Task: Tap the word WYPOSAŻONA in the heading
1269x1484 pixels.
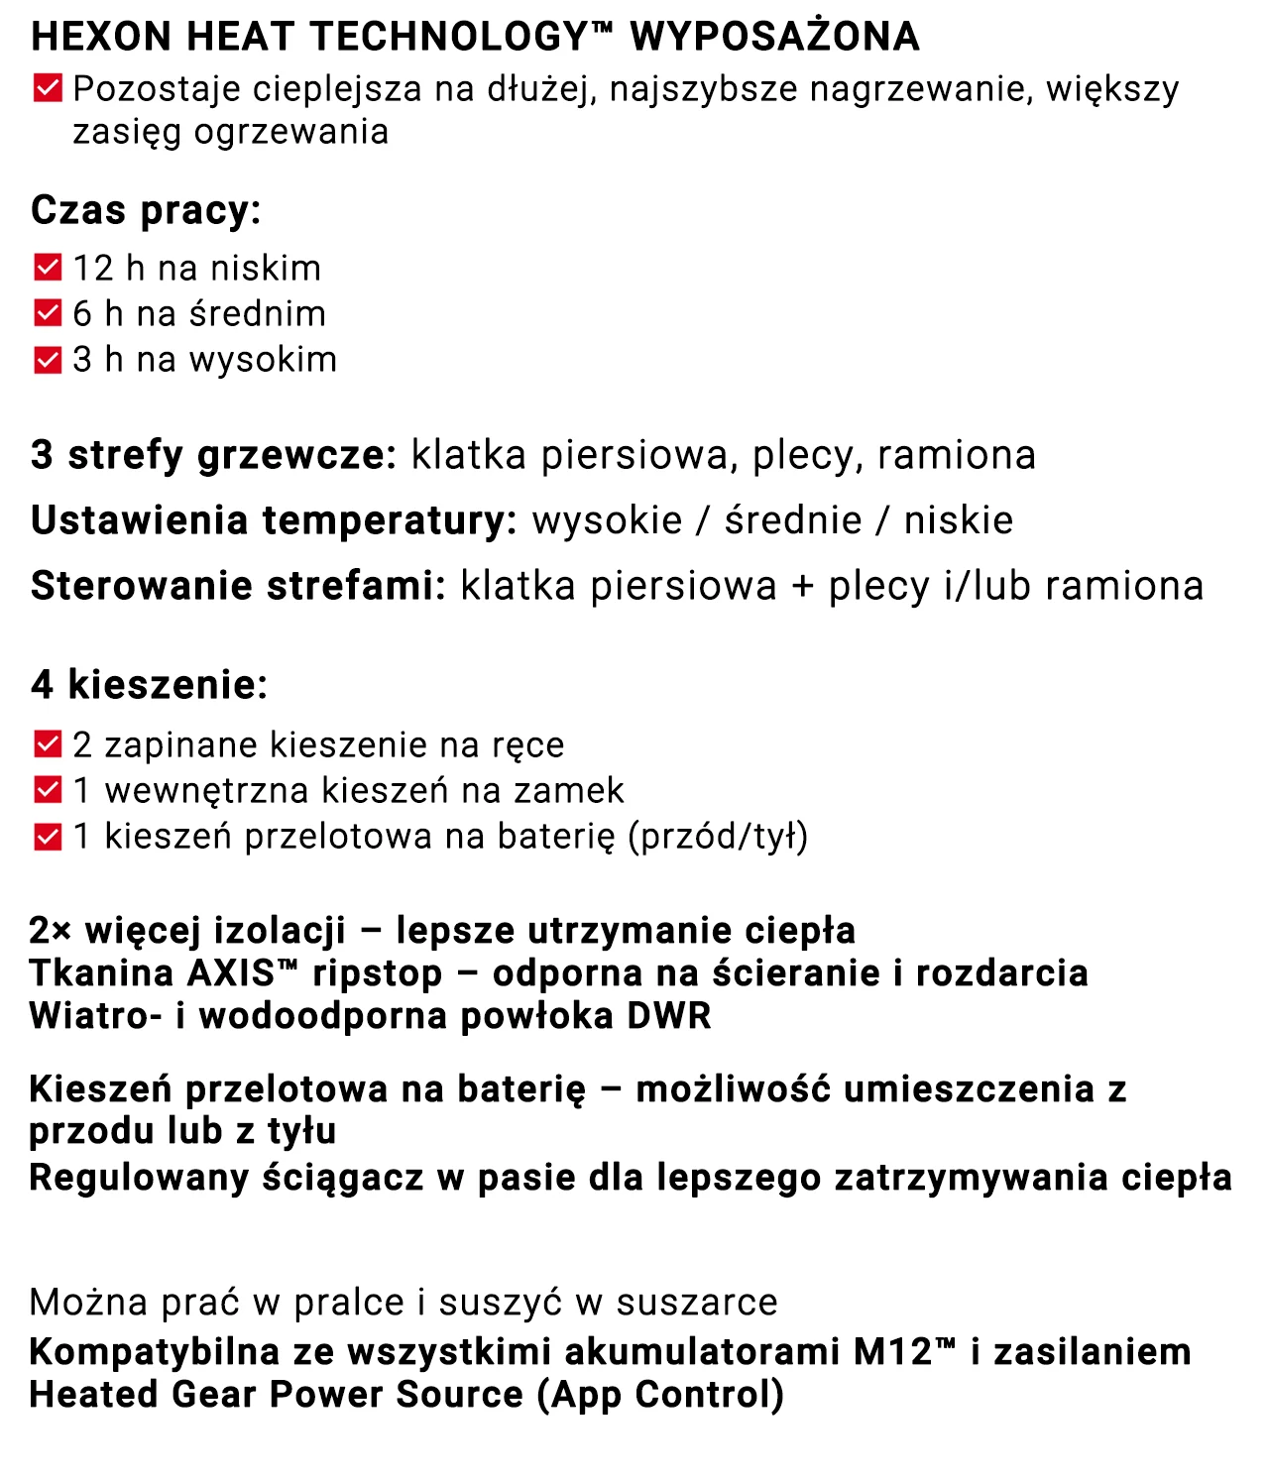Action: [774, 37]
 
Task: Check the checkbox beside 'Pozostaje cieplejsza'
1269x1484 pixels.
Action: [48, 88]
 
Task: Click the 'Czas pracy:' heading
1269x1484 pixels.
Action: [146, 210]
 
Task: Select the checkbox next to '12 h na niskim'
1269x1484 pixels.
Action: [48, 268]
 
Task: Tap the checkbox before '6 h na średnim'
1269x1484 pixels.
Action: [48, 313]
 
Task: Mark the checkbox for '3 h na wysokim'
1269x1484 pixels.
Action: [48, 359]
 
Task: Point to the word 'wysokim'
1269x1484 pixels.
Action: [263, 359]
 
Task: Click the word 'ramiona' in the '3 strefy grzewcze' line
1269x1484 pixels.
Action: [956, 455]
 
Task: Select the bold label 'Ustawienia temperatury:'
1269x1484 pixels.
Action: [274, 520]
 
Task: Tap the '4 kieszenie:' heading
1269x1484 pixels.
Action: [149, 684]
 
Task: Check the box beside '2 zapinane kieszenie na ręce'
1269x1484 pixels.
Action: [48, 744]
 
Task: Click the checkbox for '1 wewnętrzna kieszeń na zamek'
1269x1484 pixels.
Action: [48, 790]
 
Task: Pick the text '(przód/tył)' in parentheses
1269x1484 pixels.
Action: [718, 836]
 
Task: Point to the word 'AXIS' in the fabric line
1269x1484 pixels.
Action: [230, 973]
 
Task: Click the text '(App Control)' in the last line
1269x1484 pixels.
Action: [660, 1395]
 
